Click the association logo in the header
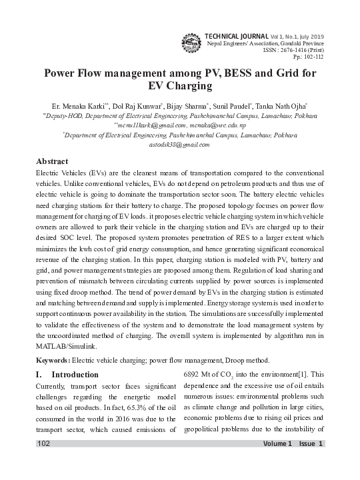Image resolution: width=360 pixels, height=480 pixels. coord(192,41)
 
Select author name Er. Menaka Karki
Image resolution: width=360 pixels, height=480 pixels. coord(69,106)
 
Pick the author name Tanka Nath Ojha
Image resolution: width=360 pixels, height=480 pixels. coord(287,106)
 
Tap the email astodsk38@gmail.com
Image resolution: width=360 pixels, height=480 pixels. coord(180,144)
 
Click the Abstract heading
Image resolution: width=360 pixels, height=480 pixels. coord(52,162)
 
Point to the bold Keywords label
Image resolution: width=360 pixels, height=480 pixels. coord(53,359)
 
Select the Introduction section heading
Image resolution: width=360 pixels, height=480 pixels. coord(74,375)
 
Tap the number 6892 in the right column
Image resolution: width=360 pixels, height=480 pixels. coord(193,375)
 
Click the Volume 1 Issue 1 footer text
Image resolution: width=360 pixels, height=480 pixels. coord(293,463)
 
